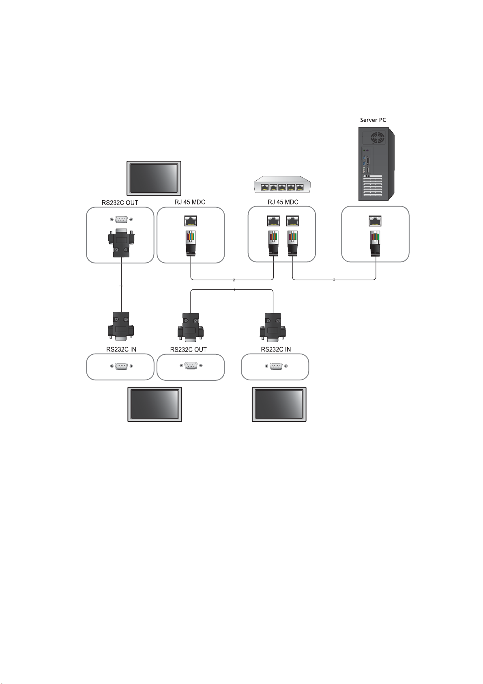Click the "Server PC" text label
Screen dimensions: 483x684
click(373, 120)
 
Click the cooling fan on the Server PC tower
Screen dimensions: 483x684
click(378, 137)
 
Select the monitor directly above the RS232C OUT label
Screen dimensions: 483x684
click(154, 178)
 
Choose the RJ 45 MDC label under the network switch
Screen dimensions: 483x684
click(283, 202)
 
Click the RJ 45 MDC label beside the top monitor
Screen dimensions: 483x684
click(190, 202)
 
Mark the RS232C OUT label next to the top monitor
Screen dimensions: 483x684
click(120, 203)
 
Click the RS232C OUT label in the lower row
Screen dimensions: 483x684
click(188, 350)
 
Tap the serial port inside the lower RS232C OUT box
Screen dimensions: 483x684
click(191, 366)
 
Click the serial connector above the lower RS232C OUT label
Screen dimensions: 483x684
click(190, 327)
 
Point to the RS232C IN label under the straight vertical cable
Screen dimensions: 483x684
click(121, 349)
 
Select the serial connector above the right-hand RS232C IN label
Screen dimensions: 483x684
click(273, 327)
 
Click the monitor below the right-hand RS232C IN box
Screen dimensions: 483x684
click(279, 404)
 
